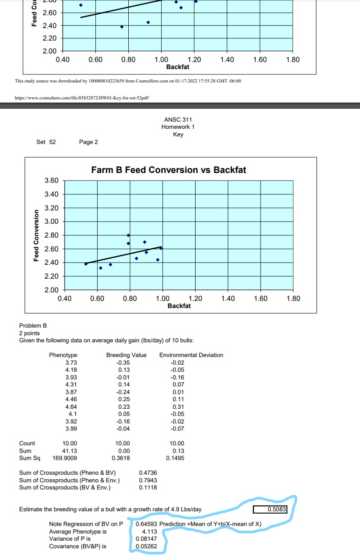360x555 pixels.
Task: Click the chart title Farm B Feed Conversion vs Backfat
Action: (x=168, y=170)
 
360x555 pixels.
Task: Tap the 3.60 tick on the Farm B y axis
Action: (x=52, y=181)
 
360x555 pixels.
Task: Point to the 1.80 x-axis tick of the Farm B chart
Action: (x=293, y=298)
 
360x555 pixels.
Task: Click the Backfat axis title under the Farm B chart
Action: (x=179, y=306)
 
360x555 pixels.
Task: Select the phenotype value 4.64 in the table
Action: (x=71, y=407)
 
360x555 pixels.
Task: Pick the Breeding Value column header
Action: (x=126, y=355)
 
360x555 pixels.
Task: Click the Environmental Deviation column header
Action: (x=191, y=355)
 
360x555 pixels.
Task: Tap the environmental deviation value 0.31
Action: (x=178, y=407)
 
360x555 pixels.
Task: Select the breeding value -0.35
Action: (x=123, y=362)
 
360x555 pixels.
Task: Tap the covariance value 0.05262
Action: (x=146, y=546)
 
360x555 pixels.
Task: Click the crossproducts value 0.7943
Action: (x=148, y=480)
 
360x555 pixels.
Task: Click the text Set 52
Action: (x=46, y=142)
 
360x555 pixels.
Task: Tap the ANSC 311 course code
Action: (x=178, y=119)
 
